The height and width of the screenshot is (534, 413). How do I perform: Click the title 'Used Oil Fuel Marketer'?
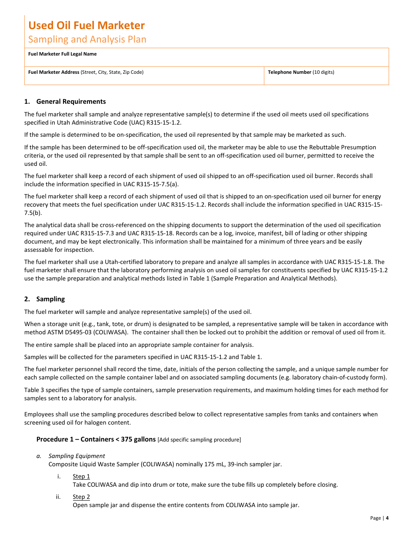(x=87, y=25)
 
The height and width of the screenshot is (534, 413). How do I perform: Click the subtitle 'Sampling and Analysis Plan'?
(x=87, y=39)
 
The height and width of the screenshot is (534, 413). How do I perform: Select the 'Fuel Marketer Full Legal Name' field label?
(x=62, y=54)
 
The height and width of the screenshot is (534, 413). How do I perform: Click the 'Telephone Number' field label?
(x=290, y=72)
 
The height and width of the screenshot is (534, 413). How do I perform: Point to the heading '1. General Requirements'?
(x=65, y=102)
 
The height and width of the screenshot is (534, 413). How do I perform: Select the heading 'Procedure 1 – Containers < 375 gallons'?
(x=96, y=439)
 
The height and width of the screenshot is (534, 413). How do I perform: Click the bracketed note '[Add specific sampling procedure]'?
(x=199, y=440)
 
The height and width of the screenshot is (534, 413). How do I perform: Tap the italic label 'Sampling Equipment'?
(x=77, y=456)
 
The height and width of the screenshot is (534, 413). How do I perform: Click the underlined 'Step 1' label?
(x=81, y=476)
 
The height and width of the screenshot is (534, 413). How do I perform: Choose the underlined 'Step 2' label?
(x=81, y=497)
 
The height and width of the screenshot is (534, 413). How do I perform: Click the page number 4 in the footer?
(x=387, y=518)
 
